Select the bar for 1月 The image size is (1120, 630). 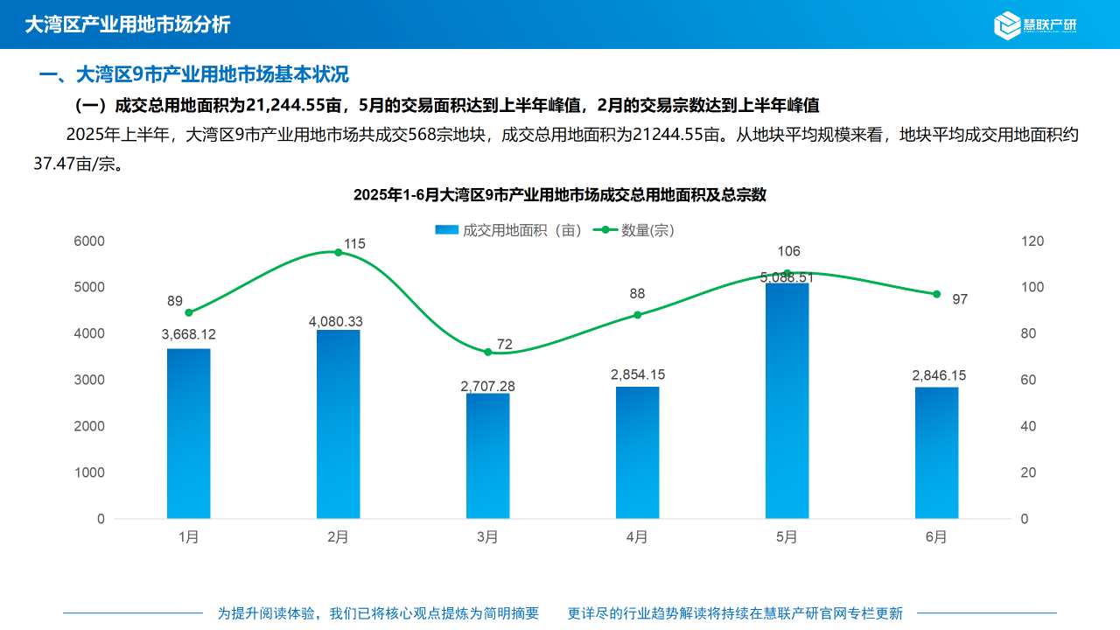[x=189, y=433]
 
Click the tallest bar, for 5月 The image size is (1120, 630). [x=787, y=401]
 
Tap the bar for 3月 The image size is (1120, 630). [x=487, y=455]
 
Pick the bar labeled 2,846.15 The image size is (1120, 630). [x=936, y=452]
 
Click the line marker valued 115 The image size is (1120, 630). [x=339, y=252]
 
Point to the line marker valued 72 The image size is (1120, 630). [x=487, y=352]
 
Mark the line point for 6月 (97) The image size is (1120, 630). [x=936, y=294]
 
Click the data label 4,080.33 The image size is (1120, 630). [x=335, y=322]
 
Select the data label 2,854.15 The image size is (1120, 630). [x=637, y=374]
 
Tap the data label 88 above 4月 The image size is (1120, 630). [x=637, y=294]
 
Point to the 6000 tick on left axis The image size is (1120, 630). [x=88, y=241]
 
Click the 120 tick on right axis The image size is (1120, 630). [x=1032, y=241]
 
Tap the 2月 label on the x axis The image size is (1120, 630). [x=338, y=537]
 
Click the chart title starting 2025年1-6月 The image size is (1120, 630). [x=559, y=195]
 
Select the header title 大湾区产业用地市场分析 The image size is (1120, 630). [x=128, y=24]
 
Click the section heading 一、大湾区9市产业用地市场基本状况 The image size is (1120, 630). [x=194, y=74]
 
